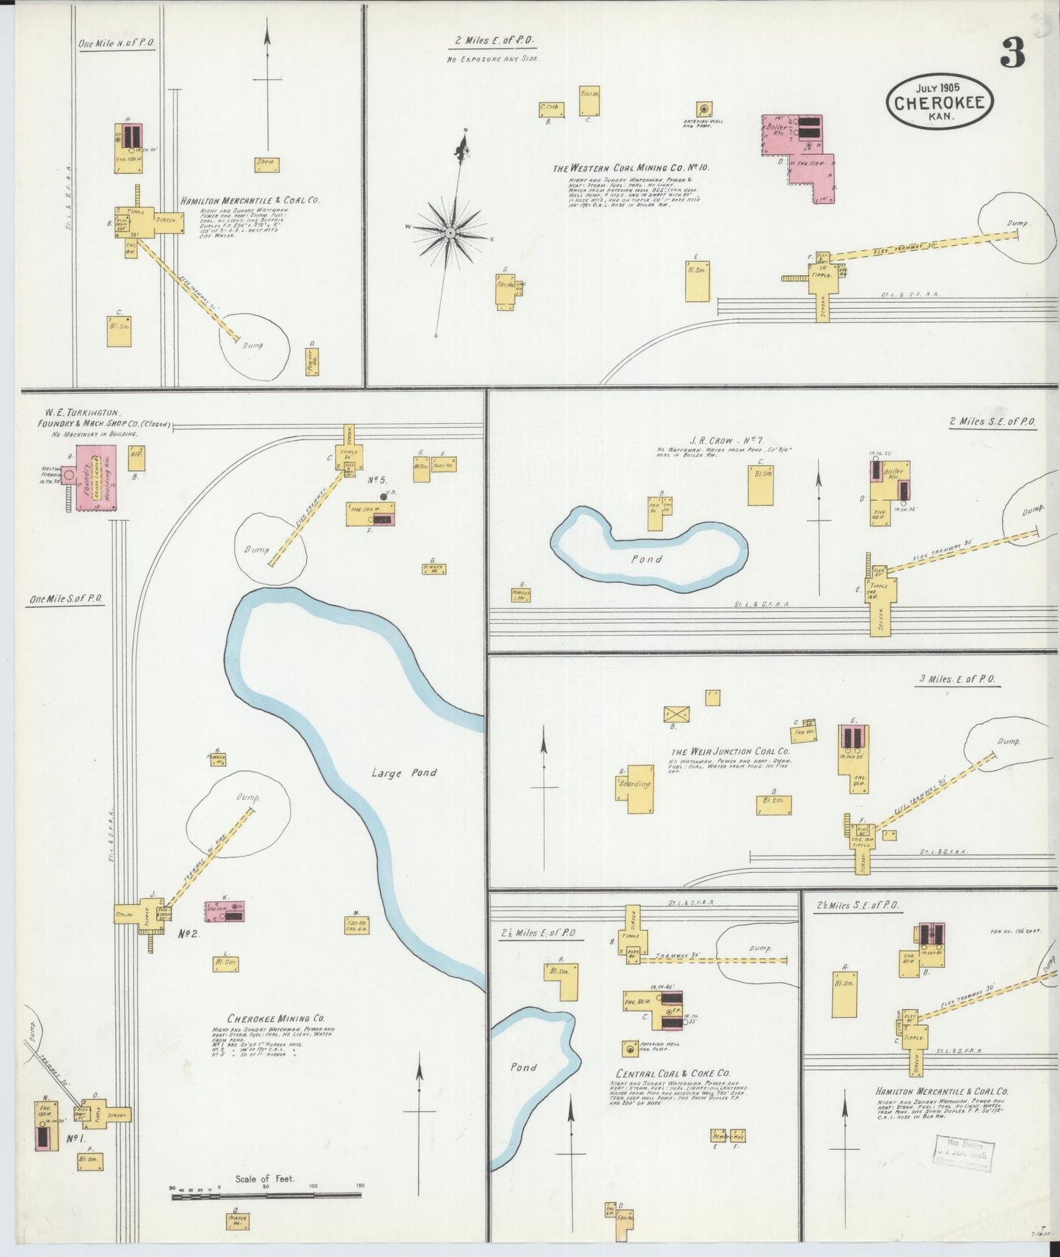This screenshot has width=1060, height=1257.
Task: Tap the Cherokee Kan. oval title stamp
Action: [x=940, y=103]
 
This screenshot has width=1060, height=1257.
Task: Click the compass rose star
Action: [x=450, y=232]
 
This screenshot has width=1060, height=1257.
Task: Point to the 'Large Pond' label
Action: [x=403, y=772]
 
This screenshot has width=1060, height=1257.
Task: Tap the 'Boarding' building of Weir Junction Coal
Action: [x=635, y=784]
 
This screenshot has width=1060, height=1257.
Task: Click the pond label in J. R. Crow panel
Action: [x=646, y=559]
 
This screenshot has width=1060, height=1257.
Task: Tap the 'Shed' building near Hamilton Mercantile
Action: [x=265, y=164]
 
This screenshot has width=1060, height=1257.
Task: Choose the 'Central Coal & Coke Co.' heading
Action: [x=673, y=1073]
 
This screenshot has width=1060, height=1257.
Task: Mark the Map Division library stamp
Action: [x=964, y=1157]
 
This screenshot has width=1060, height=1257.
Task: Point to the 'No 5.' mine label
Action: [x=376, y=480]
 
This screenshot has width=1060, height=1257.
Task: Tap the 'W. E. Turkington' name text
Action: [x=81, y=413]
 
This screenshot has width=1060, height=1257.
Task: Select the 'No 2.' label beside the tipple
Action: [x=188, y=934]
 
